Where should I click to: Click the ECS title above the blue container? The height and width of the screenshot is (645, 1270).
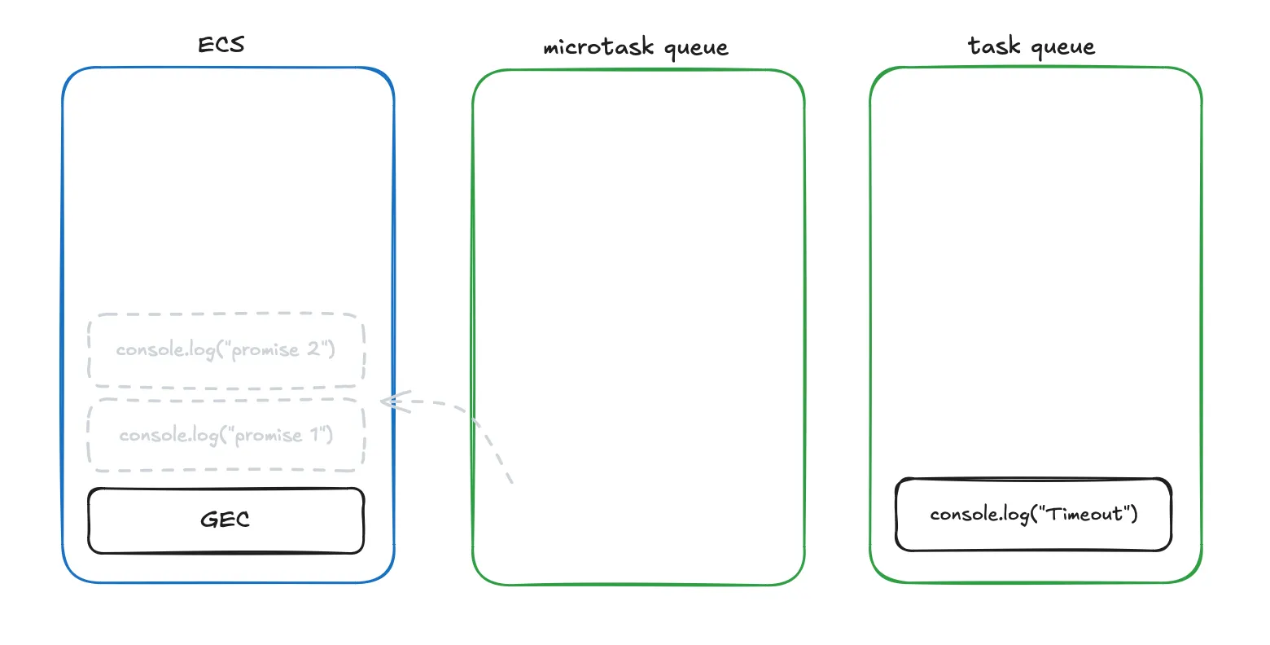[x=221, y=44]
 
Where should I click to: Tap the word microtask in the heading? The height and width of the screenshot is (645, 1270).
[x=598, y=47]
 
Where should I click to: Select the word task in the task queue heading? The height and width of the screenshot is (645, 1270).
[x=993, y=46]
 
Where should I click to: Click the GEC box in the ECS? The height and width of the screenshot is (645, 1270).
[x=226, y=520]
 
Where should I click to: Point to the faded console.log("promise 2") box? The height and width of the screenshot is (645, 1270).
[x=226, y=350]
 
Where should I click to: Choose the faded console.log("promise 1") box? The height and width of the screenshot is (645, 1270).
[x=226, y=435]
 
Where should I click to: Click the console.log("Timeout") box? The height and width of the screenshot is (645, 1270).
[x=1033, y=515]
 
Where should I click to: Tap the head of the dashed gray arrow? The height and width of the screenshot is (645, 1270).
[x=385, y=401]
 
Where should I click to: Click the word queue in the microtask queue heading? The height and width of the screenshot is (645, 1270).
[x=696, y=49]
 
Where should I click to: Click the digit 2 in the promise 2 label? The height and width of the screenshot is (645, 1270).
[x=313, y=349]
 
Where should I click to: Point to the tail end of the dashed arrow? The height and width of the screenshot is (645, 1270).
[x=511, y=481]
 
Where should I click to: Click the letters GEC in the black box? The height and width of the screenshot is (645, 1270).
[x=226, y=520]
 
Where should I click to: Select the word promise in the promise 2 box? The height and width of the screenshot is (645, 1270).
[x=266, y=350]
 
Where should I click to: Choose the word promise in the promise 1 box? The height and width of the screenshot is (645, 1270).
[x=269, y=436]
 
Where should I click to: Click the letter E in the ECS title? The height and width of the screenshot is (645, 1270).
[x=205, y=44]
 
